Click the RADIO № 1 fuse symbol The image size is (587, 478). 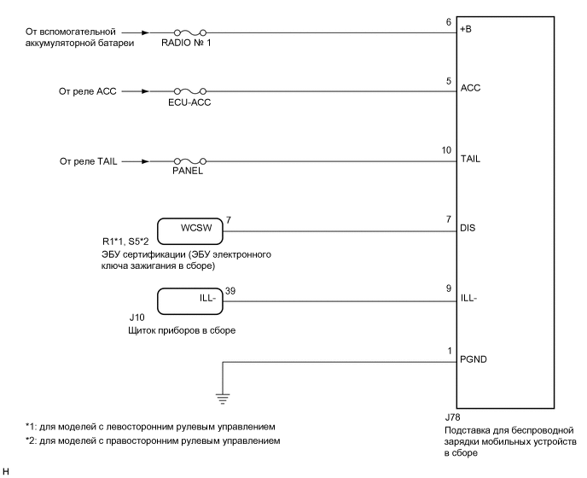[x=190, y=34]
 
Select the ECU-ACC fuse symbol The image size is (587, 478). [x=190, y=90]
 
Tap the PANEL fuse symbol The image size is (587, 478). [x=190, y=160]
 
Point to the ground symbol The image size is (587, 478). [x=222, y=395]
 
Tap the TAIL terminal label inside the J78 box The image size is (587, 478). [x=470, y=159]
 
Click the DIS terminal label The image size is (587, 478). [x=468, y=229]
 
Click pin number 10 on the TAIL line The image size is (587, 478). [x=446, y=150]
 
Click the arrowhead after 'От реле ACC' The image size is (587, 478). [x=148, y=90]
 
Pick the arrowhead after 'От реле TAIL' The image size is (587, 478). [x=148, y=160]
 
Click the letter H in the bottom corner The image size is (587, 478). [x=5, y=471]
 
